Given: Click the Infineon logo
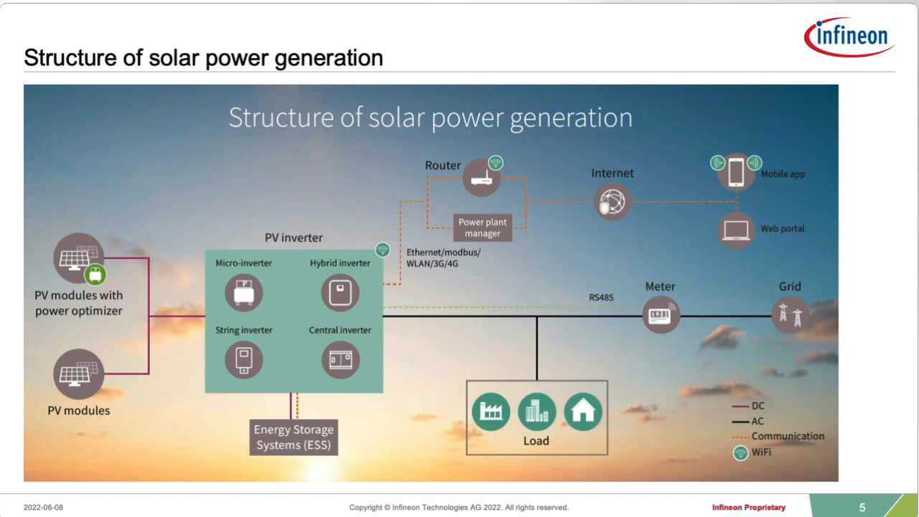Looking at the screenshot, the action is tap(849, 37).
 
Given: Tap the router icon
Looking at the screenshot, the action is tap(481, 178).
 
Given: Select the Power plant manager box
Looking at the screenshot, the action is tap(482, 228).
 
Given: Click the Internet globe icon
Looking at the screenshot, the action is tap(612, 202).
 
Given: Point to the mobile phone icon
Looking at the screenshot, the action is tap(736, 173).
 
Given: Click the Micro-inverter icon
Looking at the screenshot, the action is tap(243, 293).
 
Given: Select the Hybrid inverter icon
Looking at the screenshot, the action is tap(340, 293).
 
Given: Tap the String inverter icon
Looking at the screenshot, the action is tap(243, 360).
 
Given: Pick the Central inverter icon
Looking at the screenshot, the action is tap(340, 360).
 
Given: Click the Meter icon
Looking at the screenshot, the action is tap(661, 315).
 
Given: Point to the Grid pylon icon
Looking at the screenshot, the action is tap(790, 315).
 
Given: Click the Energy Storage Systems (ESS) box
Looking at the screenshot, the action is tap(294, 437).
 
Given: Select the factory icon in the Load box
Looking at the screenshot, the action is tap(490, 412).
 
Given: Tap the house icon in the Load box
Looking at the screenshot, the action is tap(583, 412).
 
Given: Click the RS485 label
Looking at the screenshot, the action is tap(601, 297).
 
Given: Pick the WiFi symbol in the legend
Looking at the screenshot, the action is tap(740, 453).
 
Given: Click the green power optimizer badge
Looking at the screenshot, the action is tap(95, 274).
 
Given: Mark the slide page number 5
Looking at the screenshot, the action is tap(862, 508).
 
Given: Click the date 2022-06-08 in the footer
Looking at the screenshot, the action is tap(43, 508).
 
